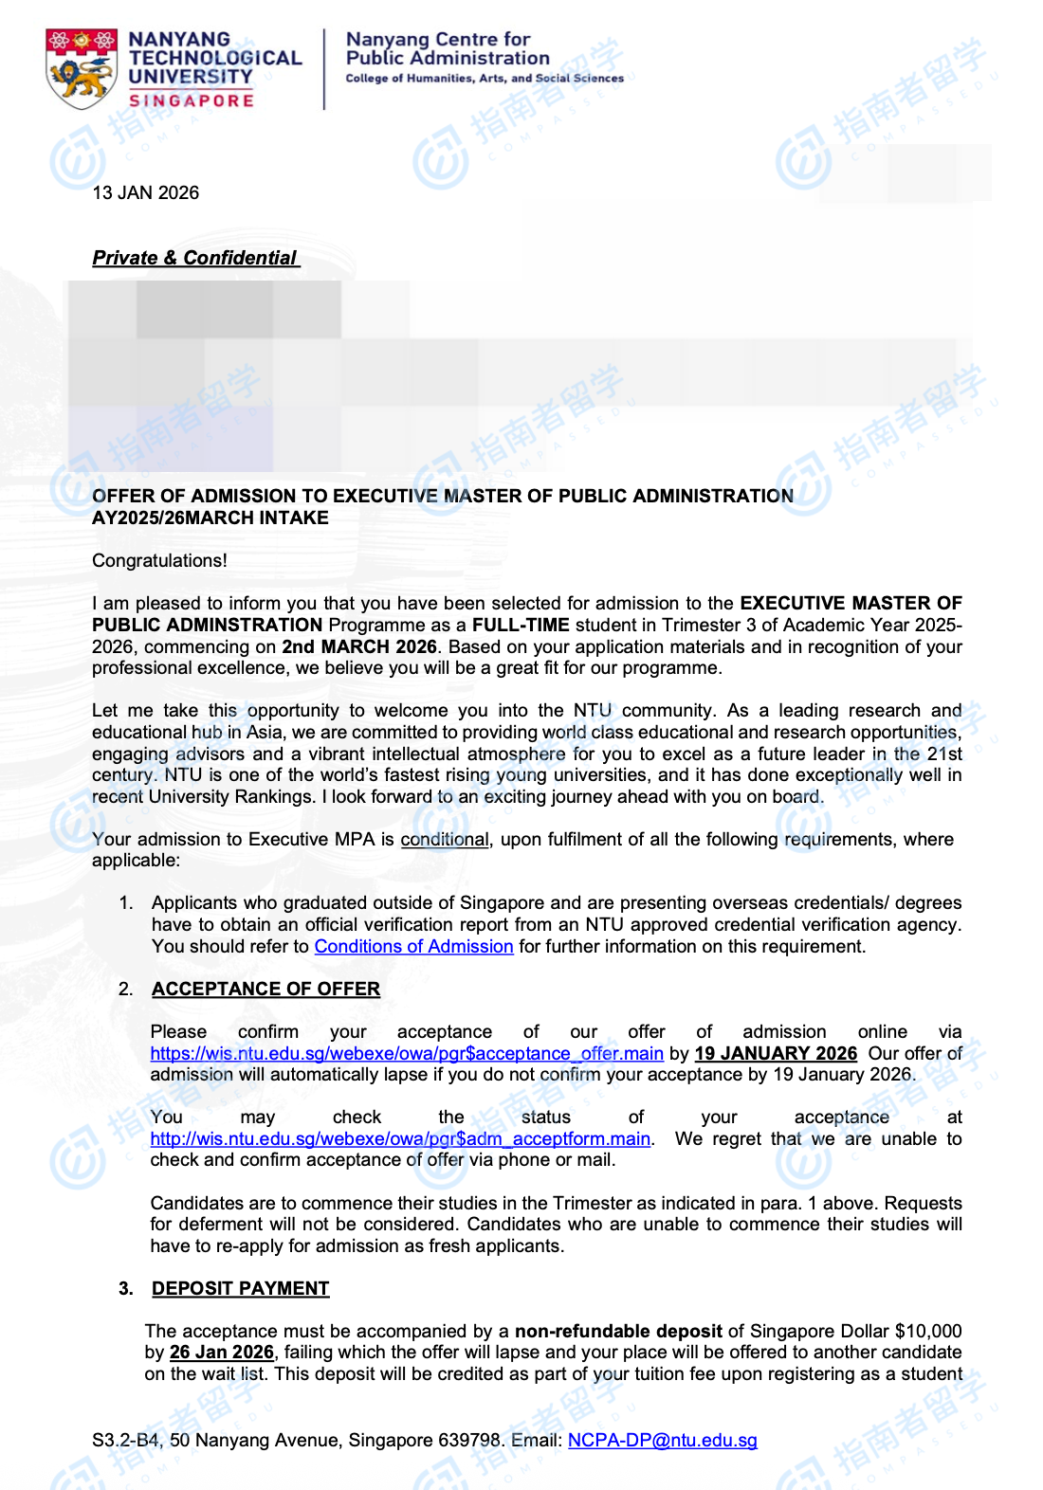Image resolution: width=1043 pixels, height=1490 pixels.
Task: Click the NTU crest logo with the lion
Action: point(82,67)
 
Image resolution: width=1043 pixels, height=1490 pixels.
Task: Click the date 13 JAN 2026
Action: point(146,193)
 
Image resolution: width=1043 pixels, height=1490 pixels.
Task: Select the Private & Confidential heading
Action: point(195,258)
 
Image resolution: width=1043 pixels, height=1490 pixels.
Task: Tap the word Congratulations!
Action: point(159,561)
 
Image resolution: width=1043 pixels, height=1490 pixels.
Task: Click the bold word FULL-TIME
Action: point(521,626)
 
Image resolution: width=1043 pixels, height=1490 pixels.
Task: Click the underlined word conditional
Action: point(445,840)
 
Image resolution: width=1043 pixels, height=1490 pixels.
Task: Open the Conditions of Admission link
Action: point(413,947)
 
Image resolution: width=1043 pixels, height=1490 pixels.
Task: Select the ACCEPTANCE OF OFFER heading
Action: point(265,990)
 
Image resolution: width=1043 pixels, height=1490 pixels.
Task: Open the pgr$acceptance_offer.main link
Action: point(407,1054)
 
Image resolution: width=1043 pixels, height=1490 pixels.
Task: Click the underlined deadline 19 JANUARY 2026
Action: point(776,1054)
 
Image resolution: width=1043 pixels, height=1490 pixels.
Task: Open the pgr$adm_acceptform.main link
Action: point(400,1139)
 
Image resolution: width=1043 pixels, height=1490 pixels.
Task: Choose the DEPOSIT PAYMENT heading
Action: point(241,1289)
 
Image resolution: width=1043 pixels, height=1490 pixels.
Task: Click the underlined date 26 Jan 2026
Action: point(222,1353)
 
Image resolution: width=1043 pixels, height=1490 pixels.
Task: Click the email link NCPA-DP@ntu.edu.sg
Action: point(662,1441)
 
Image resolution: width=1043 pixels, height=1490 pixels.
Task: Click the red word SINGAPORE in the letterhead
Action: point(192,100)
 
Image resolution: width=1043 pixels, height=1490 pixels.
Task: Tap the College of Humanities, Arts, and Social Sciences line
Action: point(485,79)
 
